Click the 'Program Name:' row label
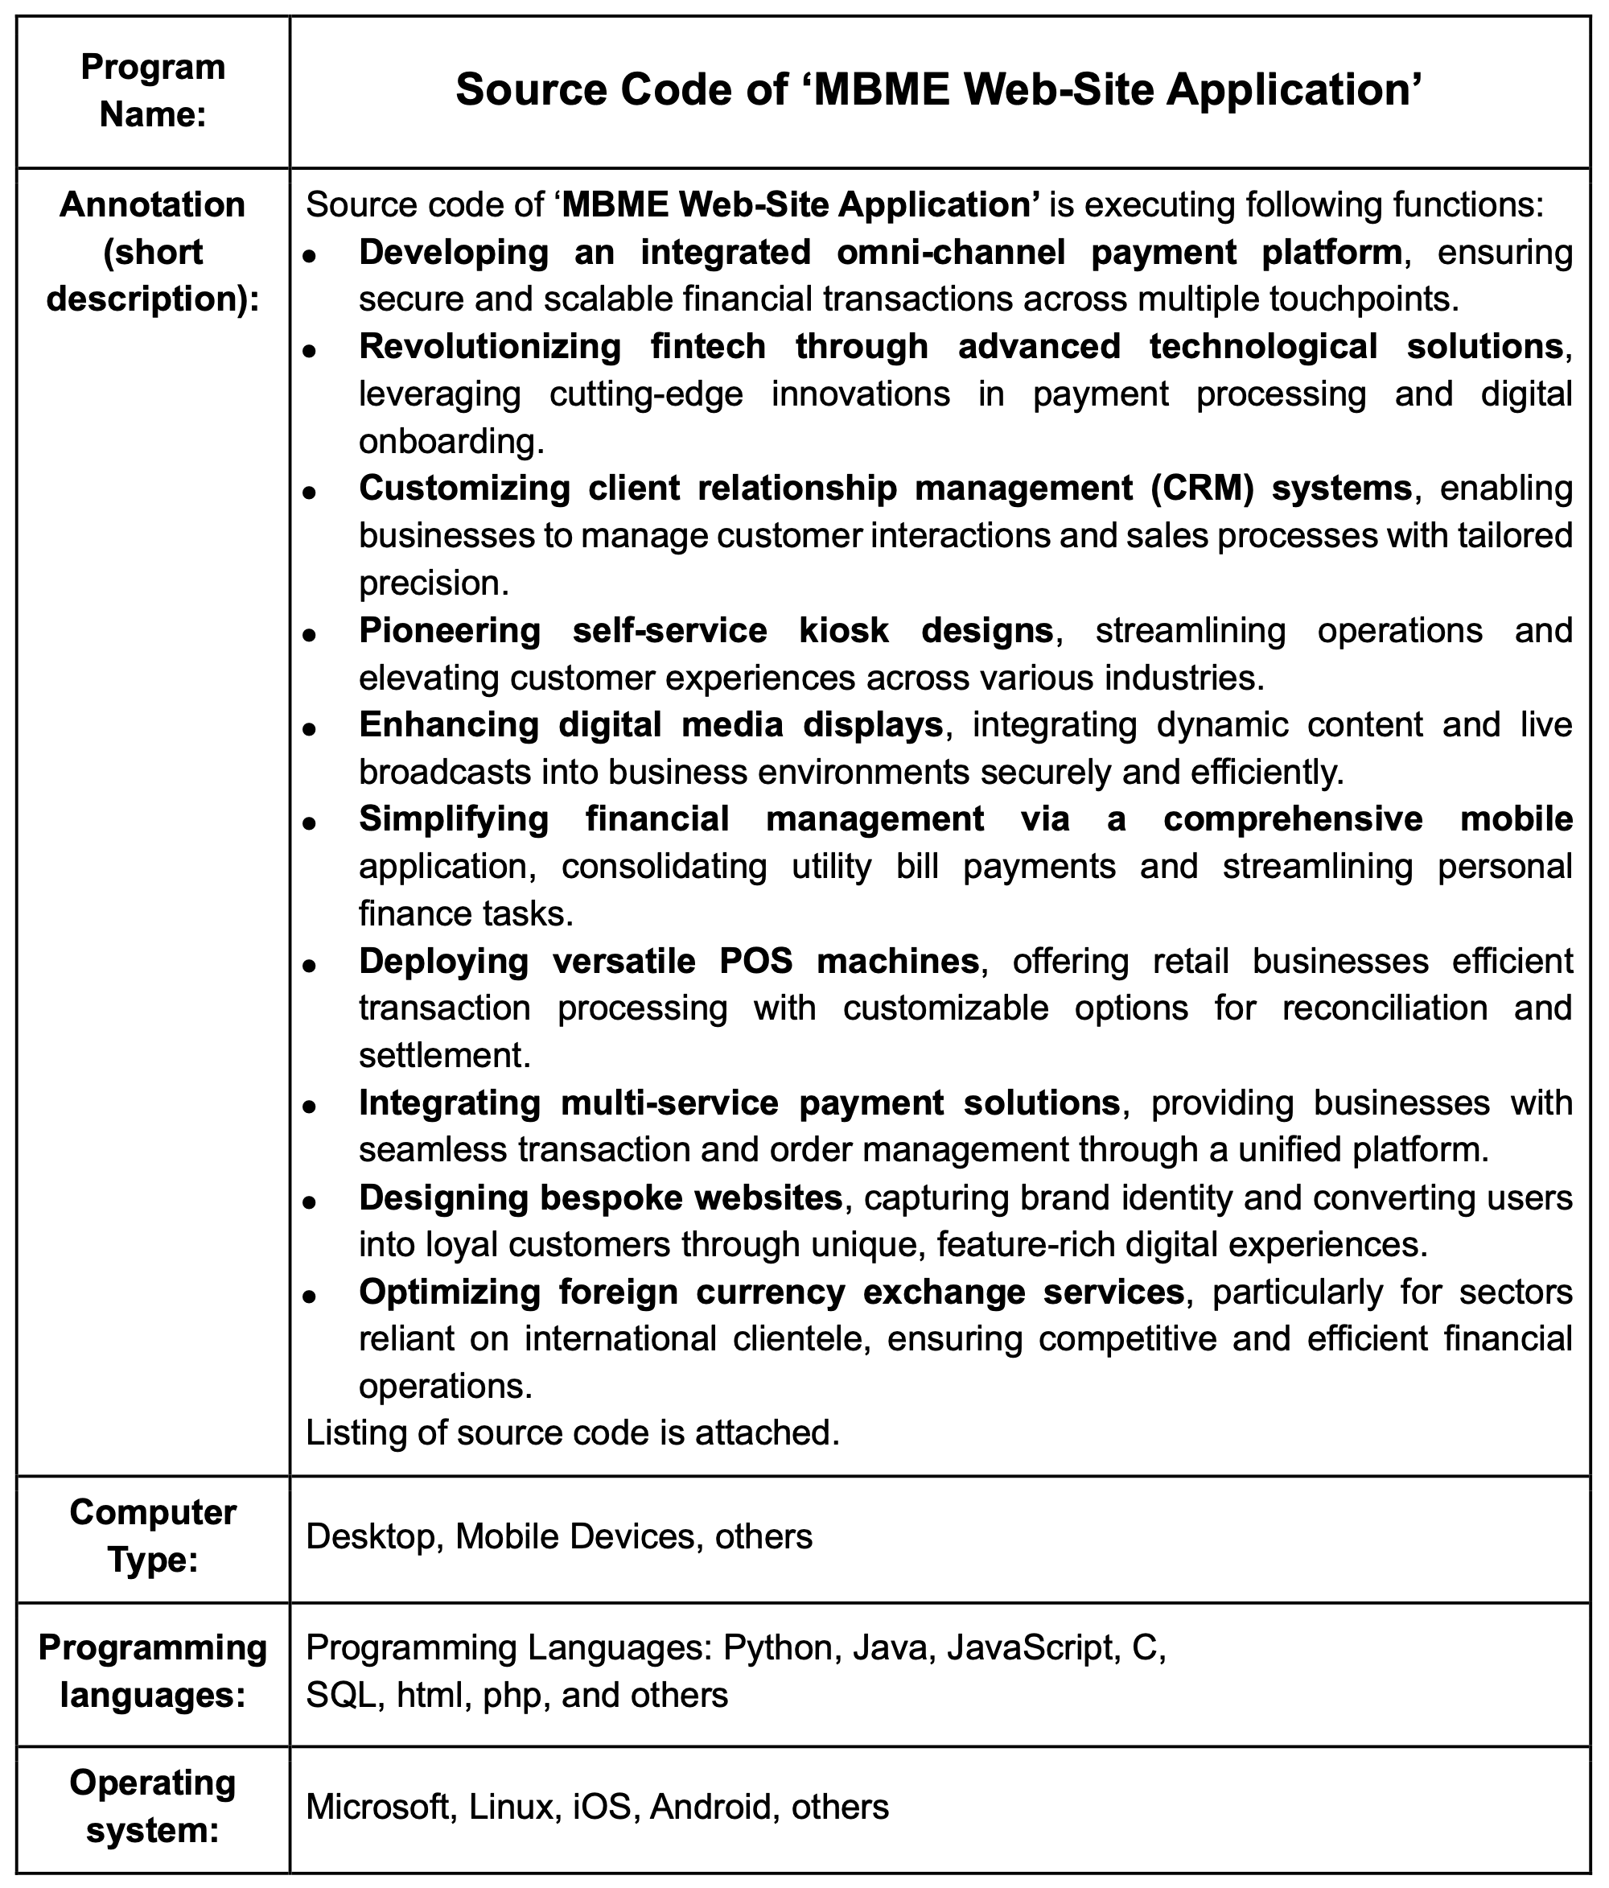[x=152, y=90]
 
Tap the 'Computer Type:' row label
[x=152, y=1536]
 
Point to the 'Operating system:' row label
[x=152, y=1805]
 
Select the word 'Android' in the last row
[x=710, y=1805]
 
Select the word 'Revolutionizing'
[x=489, y=346]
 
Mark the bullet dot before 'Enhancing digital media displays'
[x=310, y=729]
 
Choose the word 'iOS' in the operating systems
[x=603, y=1805]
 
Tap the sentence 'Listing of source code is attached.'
[x=572, y=1433]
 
